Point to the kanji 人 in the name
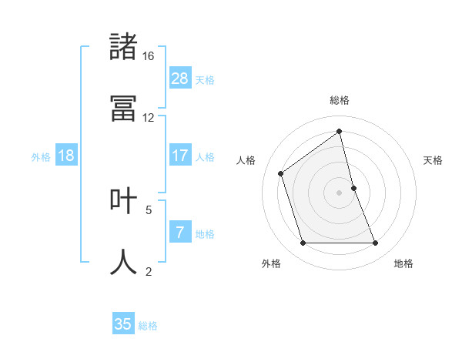(x=123, y=262)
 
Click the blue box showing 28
(x=180, y=78)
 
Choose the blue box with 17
(x=180, y=156)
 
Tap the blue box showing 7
(x=180, y=233)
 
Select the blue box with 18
(x=66, y=156)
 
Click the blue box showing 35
(x=123, y=324)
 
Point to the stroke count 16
(x=149, y=56)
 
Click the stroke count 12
(x=149, y=118)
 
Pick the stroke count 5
(x=149, y=209)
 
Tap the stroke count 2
(x=149, y=271)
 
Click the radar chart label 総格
(x=340, y=100)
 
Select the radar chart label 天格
(x=434, y=160)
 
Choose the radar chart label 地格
(x=403, y=263)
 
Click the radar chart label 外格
(x=271, y=263)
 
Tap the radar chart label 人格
(x=246, y=160)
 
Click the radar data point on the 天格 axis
(x=353, y=187)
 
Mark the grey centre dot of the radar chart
(x=340, y=192)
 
